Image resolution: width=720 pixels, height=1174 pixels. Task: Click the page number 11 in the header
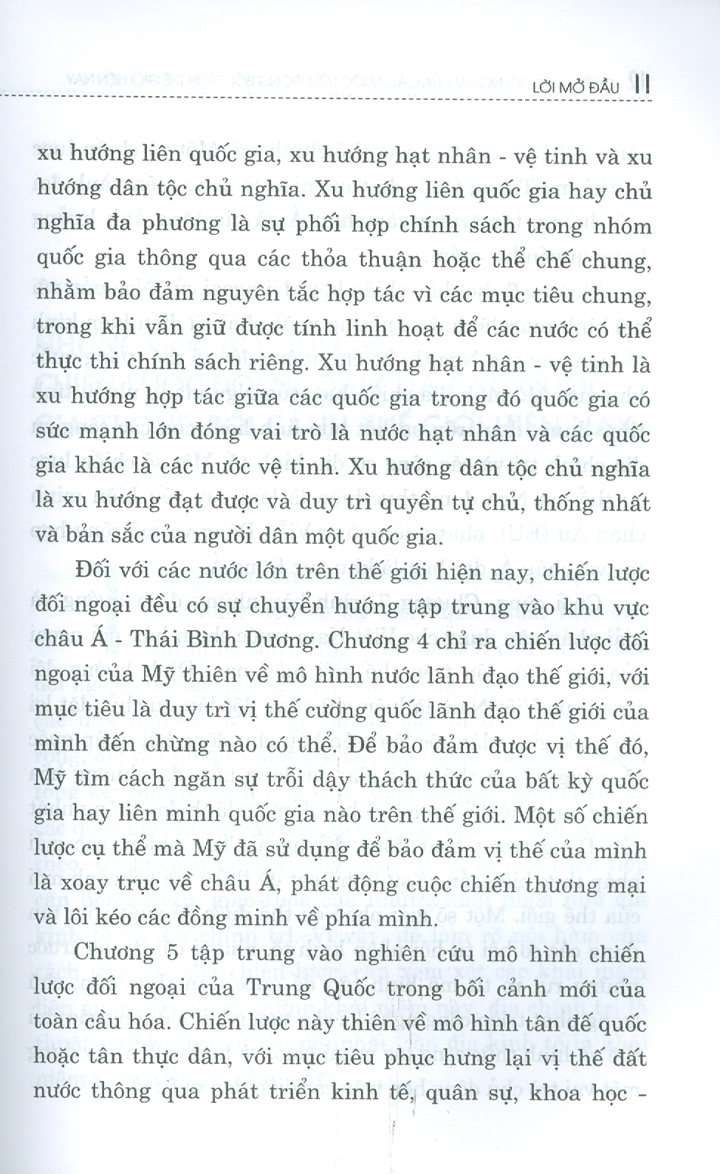click(x=641, y=86)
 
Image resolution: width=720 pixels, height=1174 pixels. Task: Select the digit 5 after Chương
click(x=175, y=955)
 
